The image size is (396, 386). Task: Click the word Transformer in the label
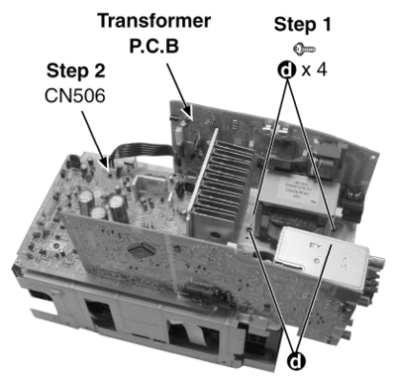click(x=154, y=21)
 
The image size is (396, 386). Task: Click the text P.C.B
click(x=154, y=46)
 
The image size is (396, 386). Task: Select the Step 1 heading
click(x=302, y=25)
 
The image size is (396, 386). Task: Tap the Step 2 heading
click(x=76, y=71)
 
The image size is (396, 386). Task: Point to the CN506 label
click(x=75, y=96)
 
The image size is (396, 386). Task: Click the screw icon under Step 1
click(x=304, y=50)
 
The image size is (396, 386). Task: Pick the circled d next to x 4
click(x=287, y=69)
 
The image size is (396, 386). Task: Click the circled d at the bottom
click(x=296, y=361)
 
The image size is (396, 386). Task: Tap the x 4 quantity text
click(x=314, y=69)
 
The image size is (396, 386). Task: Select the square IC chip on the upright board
click(x=142, y=250)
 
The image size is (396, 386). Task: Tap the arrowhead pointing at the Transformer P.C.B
click(x=188, y=112)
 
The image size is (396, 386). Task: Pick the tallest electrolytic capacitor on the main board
click(x=119, y=208)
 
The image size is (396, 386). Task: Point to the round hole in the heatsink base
click(x=215, y=235)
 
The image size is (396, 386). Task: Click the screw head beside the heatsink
click(x=249, y=230)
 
